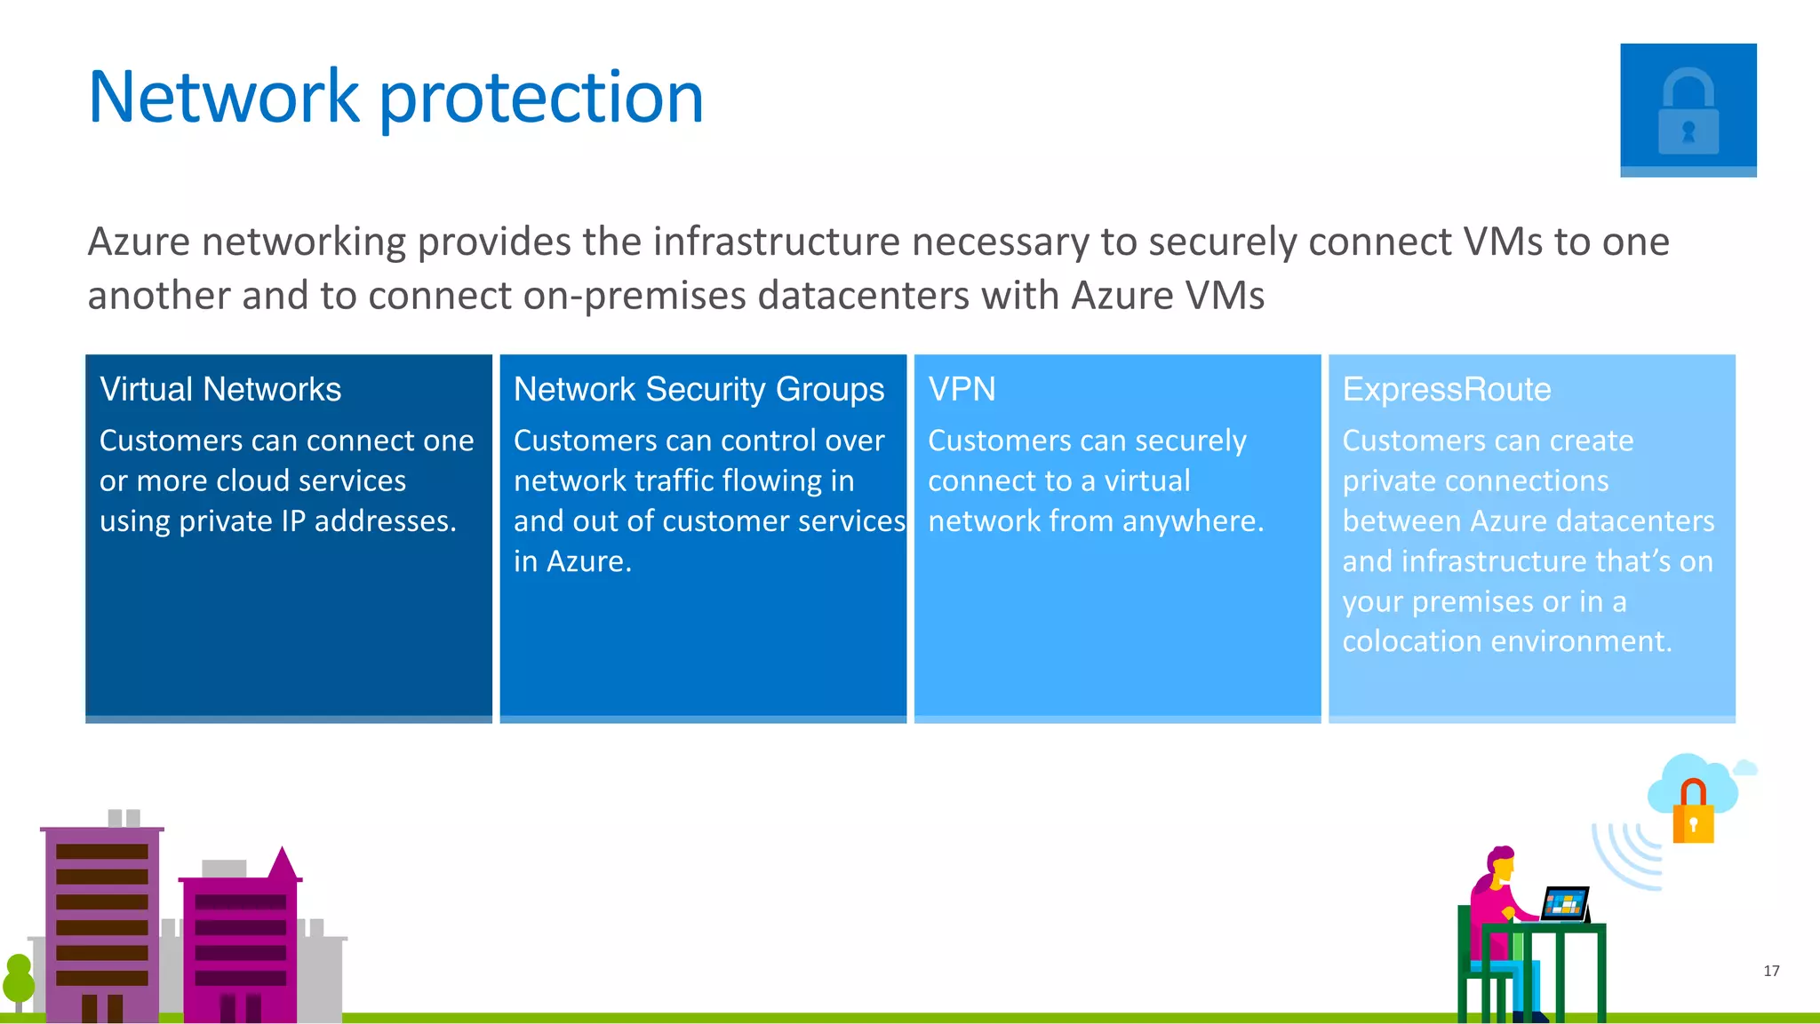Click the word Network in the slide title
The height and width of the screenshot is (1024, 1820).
coord(223,97)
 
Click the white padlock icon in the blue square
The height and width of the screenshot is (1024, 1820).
coord(1688,113)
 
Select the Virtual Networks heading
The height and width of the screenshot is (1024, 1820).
coord(220,389)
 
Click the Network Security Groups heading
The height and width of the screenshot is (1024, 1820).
coord(698,389)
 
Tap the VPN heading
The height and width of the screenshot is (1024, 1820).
coord(962,389)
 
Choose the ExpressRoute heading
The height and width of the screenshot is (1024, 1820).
coord(1446,389)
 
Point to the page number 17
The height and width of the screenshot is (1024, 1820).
coord(1771,971)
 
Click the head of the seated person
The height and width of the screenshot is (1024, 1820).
coord(1501,863)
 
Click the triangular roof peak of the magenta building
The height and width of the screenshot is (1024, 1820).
coord(283,863)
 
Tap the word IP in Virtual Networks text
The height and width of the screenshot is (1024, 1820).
coord(293,520)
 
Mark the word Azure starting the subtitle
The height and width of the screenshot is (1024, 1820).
coord(139,242)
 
